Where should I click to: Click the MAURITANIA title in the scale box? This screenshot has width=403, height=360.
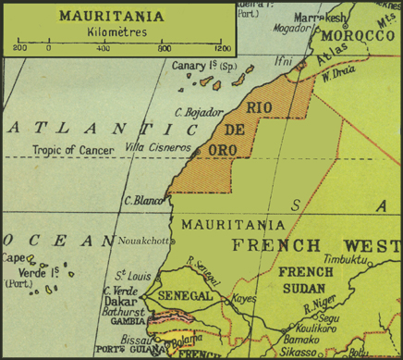[x=116, y=16]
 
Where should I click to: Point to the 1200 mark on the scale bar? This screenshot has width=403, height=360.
[x=220, y=47]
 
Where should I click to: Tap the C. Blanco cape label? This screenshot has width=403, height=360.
[x=143, y=199]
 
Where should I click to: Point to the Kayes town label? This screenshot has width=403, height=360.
[x=244, y=300]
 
